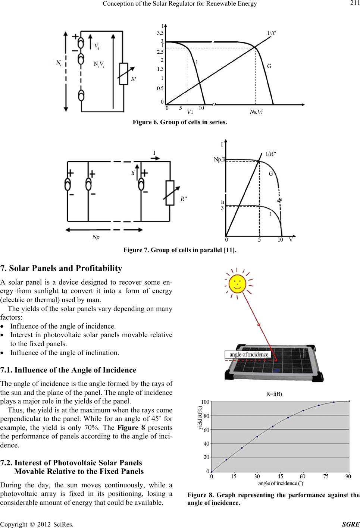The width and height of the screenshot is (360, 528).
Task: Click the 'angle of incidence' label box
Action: click(248, 354)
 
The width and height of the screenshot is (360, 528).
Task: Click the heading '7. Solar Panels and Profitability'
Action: click(62, 268)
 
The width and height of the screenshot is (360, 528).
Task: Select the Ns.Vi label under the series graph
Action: click(256, 112)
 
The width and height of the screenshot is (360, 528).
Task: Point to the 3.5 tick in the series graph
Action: click(160, 33)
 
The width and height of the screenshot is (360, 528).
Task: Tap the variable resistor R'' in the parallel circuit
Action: click(170, 193)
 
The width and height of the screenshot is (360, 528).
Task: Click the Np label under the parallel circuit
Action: click(96, 237)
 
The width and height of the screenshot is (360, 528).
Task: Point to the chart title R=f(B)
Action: click(274, 394)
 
